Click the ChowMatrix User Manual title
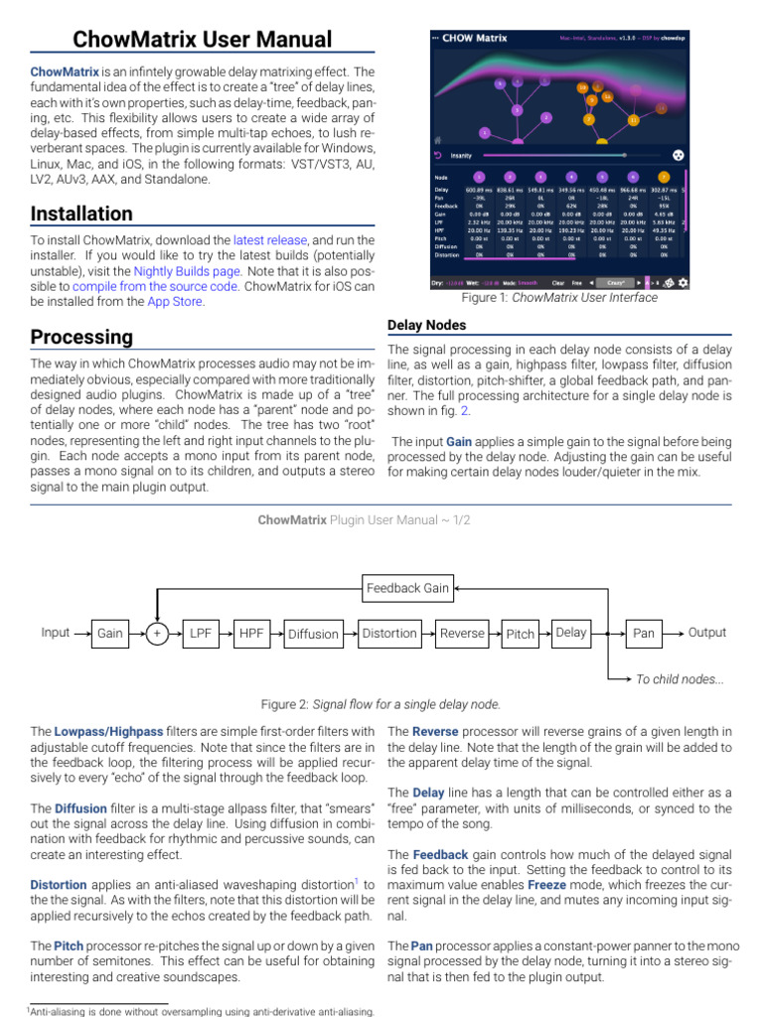(x=203, y=40)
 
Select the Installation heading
(x=81, y=214)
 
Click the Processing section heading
(x=81, y=337)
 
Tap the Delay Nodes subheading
(x=426, y=325)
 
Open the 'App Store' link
(x=175, y=302)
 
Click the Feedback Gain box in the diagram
(x=407, y=588)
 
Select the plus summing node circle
(x=156, y=634)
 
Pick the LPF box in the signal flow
(x=202, y=634)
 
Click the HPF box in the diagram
(x=250, y=634)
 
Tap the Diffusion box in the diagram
(x=313, y=634)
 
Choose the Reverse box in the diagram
(x=462, y=634)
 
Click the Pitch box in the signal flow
(x=520, y=634)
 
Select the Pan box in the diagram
(x=644, y=634)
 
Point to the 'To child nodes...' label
(x=680, y=679)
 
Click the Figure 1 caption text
(x=559, y=298)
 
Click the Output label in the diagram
(x=707, y=633)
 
